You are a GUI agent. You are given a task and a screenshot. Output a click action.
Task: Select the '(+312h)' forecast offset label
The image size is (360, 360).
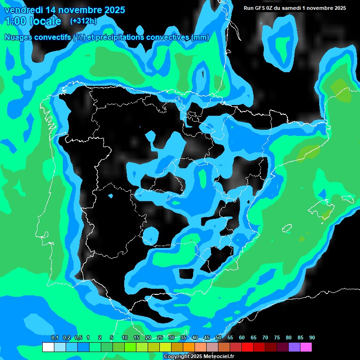pos(83,21)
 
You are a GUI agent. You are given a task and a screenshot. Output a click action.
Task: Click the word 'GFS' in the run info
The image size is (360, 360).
pos(260,8)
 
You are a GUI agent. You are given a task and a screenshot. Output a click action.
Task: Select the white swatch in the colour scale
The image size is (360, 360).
pos(48,347)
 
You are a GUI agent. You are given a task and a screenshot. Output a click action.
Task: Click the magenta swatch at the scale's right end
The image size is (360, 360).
pos(306,347)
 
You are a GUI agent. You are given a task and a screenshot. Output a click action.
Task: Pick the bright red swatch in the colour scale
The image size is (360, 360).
pos(247,347)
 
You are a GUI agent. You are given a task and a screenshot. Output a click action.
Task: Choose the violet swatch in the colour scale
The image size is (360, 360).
pos(294,347)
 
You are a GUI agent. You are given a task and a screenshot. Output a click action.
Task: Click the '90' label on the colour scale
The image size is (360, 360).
pos(312,338)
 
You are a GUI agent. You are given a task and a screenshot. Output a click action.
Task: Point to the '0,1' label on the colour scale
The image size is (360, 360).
pos(55,338)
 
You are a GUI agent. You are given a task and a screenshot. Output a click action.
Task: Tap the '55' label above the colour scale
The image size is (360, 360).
pos(230,338)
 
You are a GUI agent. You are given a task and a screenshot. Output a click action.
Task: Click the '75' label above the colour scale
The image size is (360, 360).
pos(277,338)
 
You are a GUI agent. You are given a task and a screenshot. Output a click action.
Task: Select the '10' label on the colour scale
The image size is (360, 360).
pos(125,338)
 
